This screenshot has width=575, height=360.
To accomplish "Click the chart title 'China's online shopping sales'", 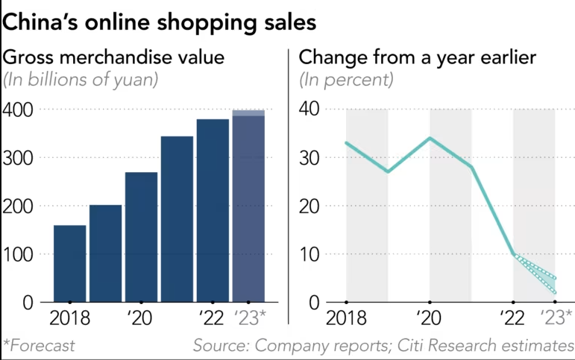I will tap(160, 22).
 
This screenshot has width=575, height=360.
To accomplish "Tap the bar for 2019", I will tap(105, 253).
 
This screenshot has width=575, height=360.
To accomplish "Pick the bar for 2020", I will tap(141, 237).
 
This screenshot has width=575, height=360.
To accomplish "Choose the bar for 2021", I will tap(177, 219).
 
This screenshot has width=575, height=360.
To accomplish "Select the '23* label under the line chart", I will tap(556, 318).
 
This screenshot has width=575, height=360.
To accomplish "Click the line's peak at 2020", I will tap(430, 139).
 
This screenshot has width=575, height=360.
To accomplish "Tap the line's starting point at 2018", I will tap(347, 143).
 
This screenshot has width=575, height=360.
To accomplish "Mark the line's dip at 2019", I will tap(388, 172).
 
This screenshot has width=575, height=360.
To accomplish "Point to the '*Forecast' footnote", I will tap(39, 346).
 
